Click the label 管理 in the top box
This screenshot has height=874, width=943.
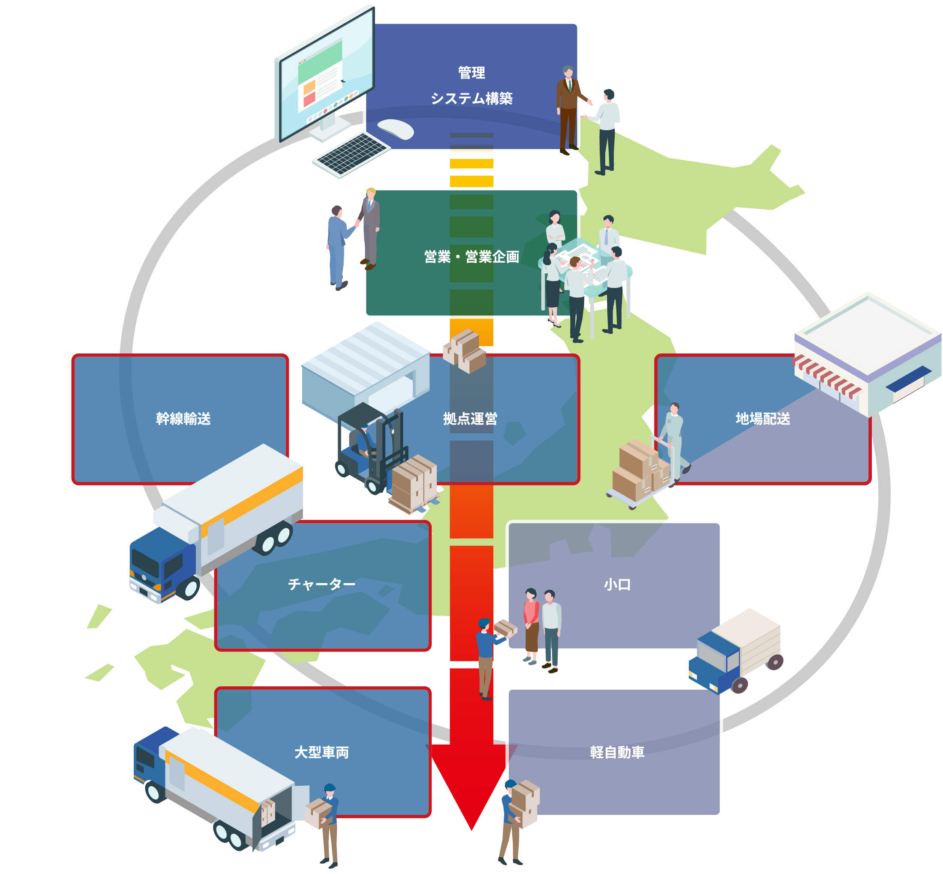point(471,73)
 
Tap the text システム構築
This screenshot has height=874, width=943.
point(471,99)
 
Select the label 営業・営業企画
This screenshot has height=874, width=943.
point(471,257)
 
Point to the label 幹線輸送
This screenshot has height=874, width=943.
point(183,419)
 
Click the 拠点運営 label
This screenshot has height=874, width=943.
point(470,419)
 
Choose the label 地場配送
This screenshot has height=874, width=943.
point(762,419)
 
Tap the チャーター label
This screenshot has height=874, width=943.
point(321,584)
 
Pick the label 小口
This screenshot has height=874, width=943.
point(617,584)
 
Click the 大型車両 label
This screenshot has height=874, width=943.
point(321,752)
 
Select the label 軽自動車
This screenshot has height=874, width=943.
point(617,752)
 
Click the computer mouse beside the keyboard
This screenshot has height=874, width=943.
point(396,129)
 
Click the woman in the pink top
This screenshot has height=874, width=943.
point(532,624)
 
